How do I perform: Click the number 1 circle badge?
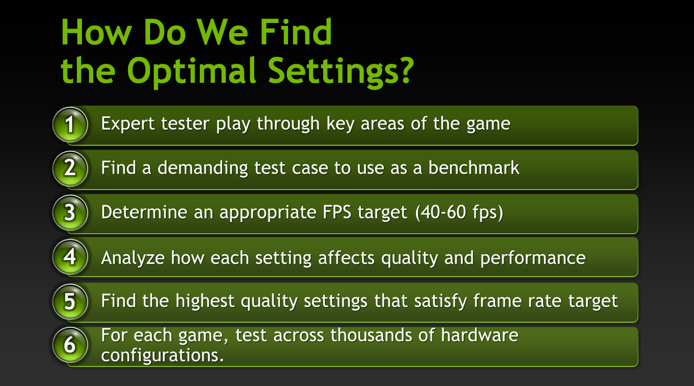[70, 125]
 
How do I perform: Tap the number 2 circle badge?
[70, 169]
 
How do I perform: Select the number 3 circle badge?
[70, 213]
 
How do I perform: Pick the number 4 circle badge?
[70, 257]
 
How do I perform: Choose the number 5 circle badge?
[70, 301]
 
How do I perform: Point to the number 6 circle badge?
[70, 345]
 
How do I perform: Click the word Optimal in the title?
[192, 71]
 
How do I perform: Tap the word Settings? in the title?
[340, 71]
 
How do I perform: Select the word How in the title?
[96, 33]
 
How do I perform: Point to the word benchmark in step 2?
[474, 168]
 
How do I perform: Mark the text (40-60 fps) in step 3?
[459, 213]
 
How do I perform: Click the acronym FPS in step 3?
[337, 213]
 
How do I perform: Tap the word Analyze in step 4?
[133, 258]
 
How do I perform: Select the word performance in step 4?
[533, 258]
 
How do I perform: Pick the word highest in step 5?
[205, 301]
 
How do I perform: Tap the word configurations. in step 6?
[163, 356]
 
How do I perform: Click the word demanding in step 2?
[203, 168]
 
